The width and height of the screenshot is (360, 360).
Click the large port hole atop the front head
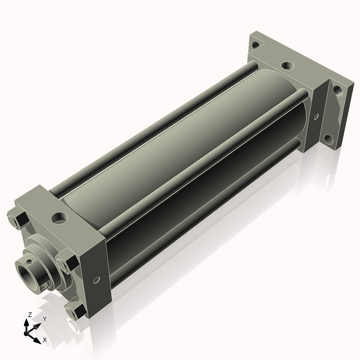click(60, 217)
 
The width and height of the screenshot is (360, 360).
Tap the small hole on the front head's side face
click(97, 280)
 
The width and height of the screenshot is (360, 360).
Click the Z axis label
click(29, 314)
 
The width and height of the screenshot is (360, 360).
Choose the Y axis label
click(44, 319)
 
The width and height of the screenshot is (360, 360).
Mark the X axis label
click(45, 340)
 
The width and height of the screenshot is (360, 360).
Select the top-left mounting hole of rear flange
click(256, 44)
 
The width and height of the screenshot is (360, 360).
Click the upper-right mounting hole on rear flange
click(337, 91)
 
